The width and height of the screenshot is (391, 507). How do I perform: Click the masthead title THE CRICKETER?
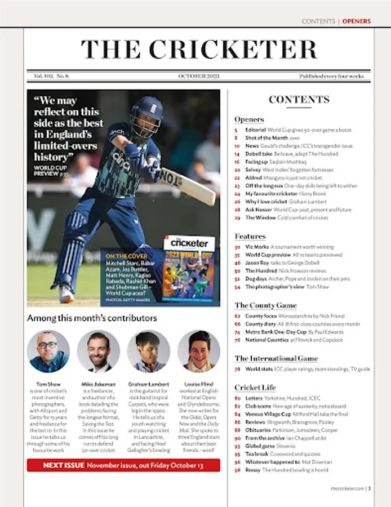[x=199, y=49]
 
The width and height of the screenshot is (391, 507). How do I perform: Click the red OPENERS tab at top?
[x=357, y=21]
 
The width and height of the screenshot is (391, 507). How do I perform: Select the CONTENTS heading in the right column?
[x=299, y=100]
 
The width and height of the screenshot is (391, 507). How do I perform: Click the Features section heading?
[x=250, y=236]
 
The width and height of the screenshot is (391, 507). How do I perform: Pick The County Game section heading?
[x=265, y=305]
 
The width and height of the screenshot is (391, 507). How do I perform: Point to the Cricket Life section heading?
[x=255, y=388]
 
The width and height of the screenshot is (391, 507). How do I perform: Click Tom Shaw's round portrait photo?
[x=48, y=351]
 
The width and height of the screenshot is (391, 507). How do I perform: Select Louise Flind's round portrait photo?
[x=198, y=351]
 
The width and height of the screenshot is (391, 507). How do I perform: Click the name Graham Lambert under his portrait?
[x=148, y=384]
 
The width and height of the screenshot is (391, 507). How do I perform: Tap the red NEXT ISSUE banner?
[x=123, y=465]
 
